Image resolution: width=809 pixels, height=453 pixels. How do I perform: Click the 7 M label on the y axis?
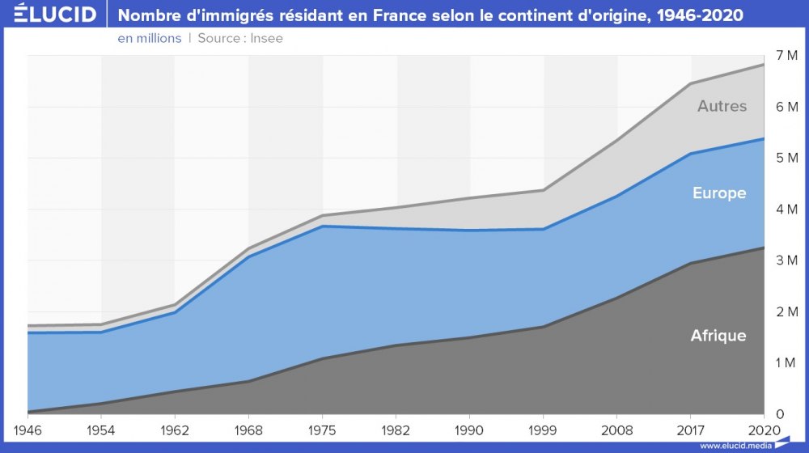tap(786, 55)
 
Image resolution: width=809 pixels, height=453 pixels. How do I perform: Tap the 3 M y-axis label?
tap(786, 260)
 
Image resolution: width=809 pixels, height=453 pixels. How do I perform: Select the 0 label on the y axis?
tap(780, 414)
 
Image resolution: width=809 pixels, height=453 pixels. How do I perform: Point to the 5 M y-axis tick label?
tap(786, 158)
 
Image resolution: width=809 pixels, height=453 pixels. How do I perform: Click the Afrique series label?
tap(718, 336)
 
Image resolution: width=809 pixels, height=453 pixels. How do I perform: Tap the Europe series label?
tap(719, 193)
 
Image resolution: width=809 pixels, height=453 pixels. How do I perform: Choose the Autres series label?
tap(722, 106)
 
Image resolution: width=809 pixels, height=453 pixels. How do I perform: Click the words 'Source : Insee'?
tap(240, 38)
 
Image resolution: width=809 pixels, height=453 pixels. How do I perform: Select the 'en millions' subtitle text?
tap(149, 38)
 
